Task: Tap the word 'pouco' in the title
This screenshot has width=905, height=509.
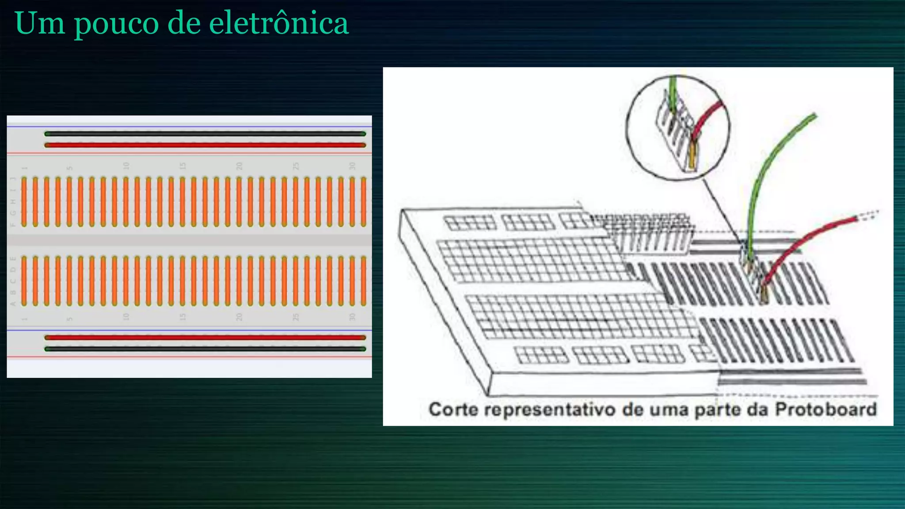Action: pos(116,24)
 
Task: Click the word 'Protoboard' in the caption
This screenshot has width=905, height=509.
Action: pos(825,409)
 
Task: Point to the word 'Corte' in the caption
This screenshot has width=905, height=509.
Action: pos(453,409)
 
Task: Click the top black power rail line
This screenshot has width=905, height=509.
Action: pos(205,133)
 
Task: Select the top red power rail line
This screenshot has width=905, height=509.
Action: pos(205,145)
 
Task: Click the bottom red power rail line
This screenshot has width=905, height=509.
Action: pos(205,338)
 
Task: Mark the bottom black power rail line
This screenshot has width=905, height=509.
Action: pos(205,349)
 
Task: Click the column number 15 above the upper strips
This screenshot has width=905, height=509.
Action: pos(183,166)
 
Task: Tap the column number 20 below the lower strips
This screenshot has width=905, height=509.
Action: pos(239,317)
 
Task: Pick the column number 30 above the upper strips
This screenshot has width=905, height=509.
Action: pos(352,166)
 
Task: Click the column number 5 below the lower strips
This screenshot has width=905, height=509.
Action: pos(69,318)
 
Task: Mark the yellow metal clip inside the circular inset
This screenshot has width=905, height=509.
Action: pos(692,155)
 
